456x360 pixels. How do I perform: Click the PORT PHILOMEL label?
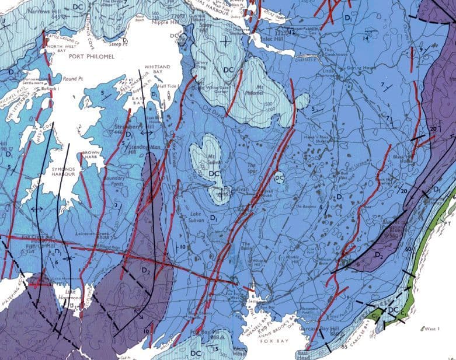coord(90,56)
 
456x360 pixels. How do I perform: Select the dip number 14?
coord(365,38)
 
